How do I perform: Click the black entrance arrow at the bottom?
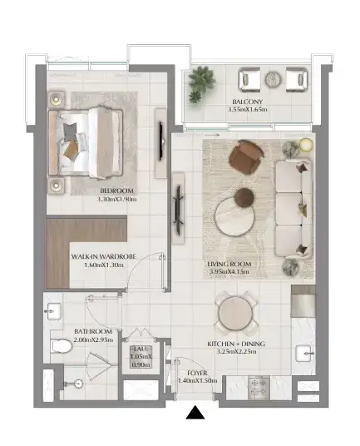(195, 413)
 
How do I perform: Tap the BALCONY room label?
(247, 102)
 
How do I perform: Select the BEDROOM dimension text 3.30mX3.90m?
(116, 199)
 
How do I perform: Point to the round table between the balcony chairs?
(273, 79)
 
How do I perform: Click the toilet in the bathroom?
(62, 346)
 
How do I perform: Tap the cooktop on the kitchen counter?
(259, 388)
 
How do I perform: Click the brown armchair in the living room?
(246, 157)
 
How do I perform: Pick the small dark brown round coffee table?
(244, 197)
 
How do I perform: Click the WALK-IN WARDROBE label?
(103, 256)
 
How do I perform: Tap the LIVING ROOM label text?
(229, 264)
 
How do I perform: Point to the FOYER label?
(197, 373)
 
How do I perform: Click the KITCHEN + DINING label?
(236, 344)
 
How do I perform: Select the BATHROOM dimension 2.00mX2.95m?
(93, 339)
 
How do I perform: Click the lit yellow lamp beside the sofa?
(306, 145)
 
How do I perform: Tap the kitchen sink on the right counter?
(305, 354)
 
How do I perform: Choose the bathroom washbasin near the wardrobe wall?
(53, 311)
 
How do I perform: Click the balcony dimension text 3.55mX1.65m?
(248, 109)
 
